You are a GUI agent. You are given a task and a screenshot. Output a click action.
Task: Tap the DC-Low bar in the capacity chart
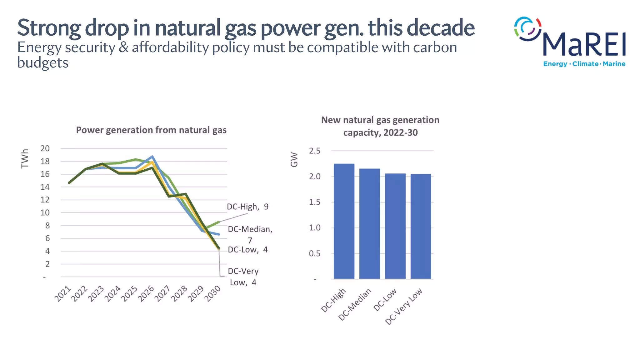395,226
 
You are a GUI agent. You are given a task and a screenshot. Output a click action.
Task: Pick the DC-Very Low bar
421,227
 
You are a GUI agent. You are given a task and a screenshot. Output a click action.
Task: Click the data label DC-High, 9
247,207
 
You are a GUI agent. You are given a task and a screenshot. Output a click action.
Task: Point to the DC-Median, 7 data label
250,234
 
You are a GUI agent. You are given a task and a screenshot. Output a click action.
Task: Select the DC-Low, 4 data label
247,250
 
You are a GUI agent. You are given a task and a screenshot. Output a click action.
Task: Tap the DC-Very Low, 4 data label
243,277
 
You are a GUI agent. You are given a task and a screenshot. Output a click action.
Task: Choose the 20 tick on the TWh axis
45,148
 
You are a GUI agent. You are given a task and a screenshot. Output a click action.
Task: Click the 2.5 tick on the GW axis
315,151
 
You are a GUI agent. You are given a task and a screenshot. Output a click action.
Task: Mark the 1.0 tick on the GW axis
315,228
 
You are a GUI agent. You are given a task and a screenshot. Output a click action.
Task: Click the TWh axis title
25,159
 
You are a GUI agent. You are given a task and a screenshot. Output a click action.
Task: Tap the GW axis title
294,160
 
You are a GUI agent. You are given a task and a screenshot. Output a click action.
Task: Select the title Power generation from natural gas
151,130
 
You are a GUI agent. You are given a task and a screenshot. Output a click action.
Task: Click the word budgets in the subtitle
43,63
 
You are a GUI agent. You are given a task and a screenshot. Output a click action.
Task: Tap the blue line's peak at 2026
152,157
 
